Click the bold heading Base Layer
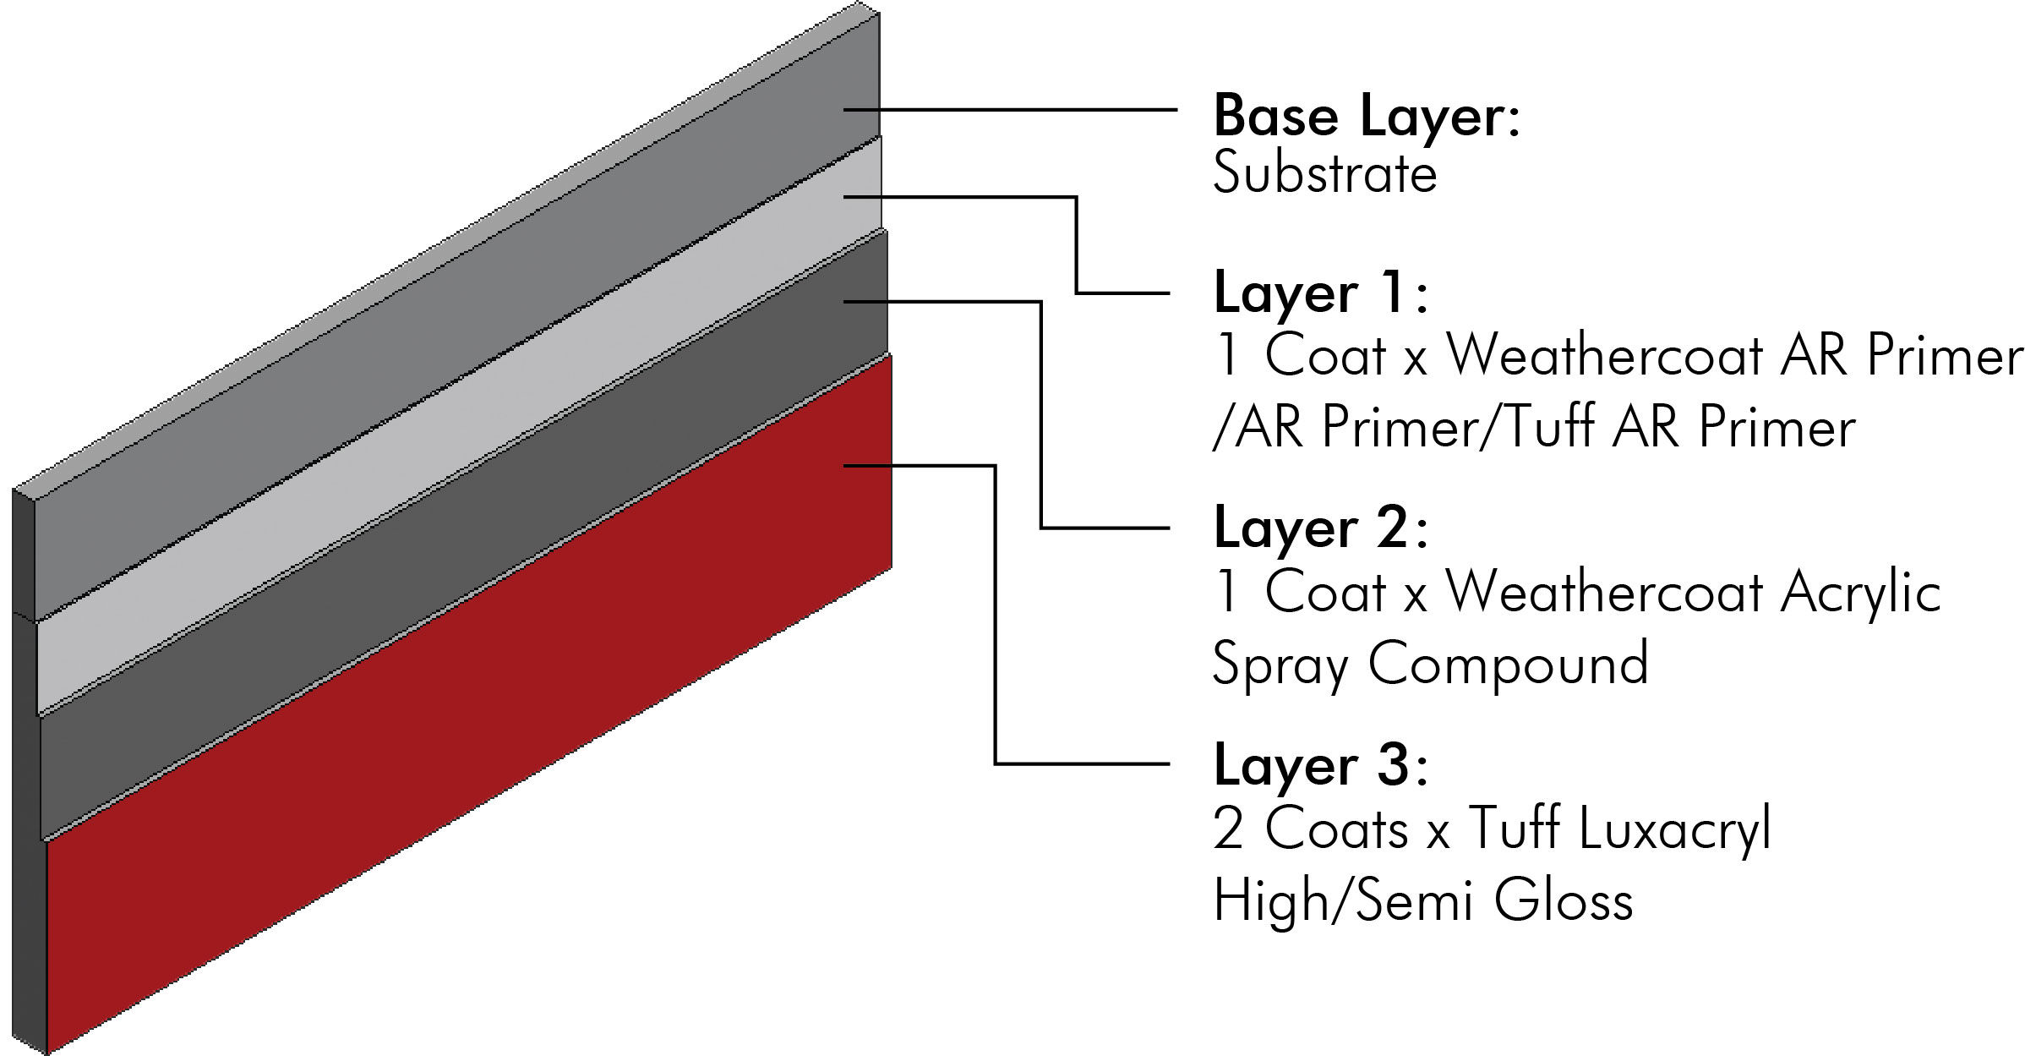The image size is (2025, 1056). click(x=1365, y=117)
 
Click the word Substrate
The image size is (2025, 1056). click(x=1324, y=175)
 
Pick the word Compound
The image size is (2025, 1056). click(x=1509, y=663)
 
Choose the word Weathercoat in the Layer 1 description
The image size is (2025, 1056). click(x=1605, y=355)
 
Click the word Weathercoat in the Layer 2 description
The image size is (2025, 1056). click(x=1605, y=592)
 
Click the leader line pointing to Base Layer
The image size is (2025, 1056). click(x=1014, y=110)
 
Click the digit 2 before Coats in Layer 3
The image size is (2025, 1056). click(x=1227, y=829)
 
